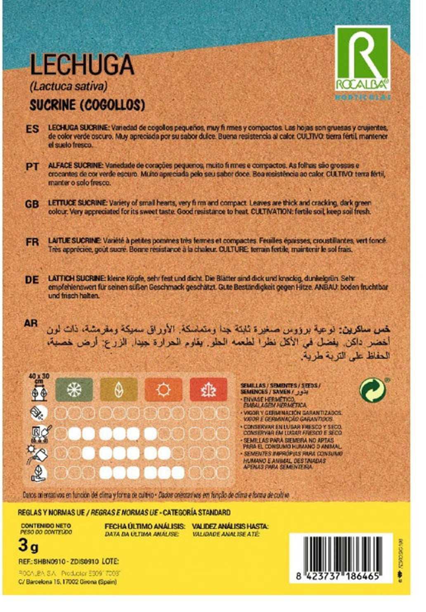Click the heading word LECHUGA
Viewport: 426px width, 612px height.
82,65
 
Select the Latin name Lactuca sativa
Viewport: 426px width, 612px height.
69,86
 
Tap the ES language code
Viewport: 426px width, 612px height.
32,129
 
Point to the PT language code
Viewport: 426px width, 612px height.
32,167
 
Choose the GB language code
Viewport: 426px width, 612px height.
32,204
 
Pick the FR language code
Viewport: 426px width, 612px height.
32,242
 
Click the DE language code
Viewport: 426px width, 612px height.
32,280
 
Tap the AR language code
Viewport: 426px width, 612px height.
31,323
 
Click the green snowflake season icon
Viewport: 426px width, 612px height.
74,389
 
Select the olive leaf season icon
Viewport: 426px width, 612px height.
119,389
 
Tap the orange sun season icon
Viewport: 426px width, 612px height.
163,389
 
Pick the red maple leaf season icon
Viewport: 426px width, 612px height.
208,389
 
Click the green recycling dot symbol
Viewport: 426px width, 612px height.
372,390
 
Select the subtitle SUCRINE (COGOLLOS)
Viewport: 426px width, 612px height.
87,105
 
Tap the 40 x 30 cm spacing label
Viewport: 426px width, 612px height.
39,378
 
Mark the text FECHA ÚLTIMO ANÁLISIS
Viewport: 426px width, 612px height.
144,526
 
